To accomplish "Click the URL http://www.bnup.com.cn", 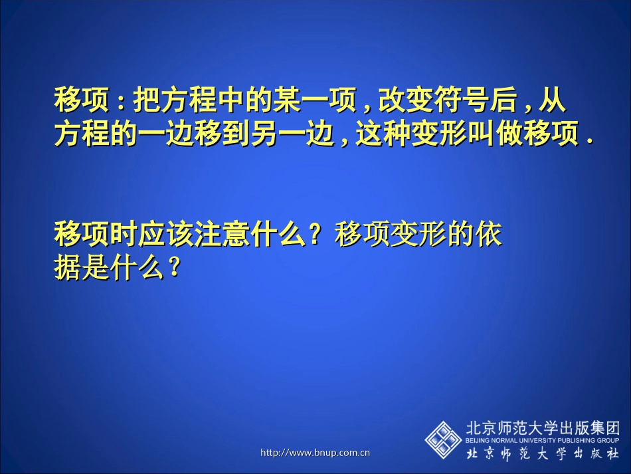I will click(315, 453).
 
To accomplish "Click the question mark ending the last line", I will click(175, 269).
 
